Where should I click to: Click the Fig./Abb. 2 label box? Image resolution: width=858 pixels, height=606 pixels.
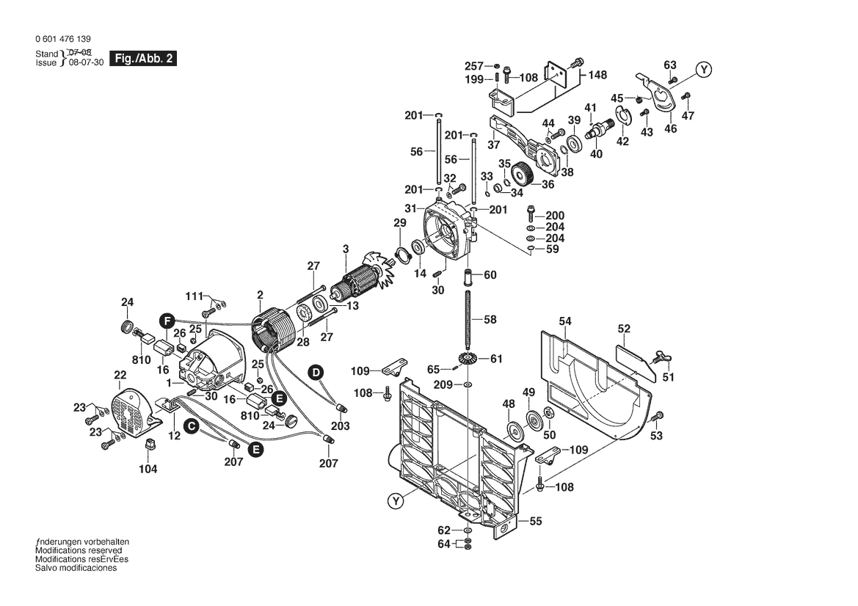coord(142,59)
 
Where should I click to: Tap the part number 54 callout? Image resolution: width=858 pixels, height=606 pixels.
coord(564,321)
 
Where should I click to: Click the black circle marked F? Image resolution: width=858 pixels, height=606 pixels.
coord(167,321)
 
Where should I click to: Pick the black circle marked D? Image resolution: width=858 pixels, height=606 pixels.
coord(316,372)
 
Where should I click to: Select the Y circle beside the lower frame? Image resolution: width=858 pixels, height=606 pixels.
coord(396,502)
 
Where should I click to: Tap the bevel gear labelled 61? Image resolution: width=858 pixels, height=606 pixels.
coord(465,359)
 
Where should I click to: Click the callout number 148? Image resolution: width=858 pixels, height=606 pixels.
coord(597,75)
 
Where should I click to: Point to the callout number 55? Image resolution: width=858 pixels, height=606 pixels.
coord(535,522)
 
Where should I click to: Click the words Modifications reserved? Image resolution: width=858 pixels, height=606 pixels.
coord(79,550)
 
